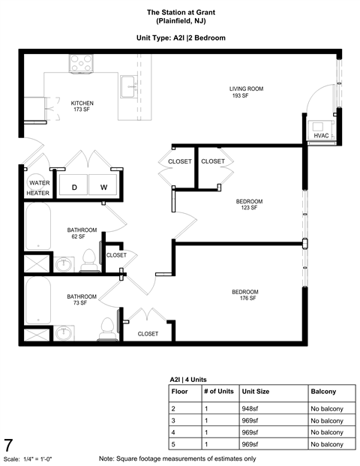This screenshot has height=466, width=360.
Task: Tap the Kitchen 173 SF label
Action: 82,107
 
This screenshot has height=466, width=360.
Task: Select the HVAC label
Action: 322,136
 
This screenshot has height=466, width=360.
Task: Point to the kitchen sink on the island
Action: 128,86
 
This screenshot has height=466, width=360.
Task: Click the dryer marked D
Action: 74,186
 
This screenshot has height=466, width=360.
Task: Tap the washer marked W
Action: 103,186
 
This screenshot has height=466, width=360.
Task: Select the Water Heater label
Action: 38,187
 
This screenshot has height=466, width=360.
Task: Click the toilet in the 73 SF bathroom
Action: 109,326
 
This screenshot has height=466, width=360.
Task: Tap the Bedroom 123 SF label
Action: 249,204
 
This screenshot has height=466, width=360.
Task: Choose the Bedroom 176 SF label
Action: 244,295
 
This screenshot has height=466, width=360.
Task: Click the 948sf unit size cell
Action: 250,408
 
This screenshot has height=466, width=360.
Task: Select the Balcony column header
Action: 323,392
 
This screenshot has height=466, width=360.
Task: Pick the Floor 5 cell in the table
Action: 175,445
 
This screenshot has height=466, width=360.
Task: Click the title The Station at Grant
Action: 180,13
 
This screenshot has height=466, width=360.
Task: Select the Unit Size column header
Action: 256,392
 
